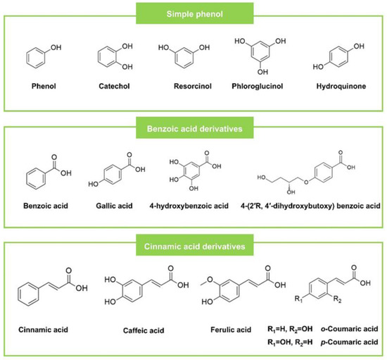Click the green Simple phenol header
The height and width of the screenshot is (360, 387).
point(193,14)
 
